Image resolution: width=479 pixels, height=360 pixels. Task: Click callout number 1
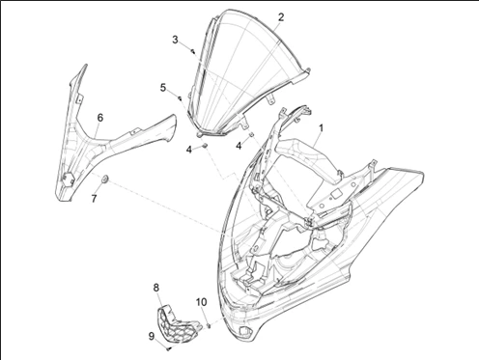(x=321, y=127)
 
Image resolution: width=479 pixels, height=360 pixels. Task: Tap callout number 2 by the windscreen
(x=281, y=17)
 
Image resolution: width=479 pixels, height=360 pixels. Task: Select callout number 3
(x=175, y=40)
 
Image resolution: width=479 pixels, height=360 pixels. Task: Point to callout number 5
(x=163, y=87)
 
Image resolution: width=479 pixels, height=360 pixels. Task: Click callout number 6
(x=100, y=118)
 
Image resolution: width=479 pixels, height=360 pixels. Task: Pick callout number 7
(x=94, y=199)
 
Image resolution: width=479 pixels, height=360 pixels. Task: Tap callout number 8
(x=156, y=288)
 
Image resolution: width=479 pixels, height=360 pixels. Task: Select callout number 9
(x=152, y=336)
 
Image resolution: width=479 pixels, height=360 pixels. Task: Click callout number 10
(x=201, y=302)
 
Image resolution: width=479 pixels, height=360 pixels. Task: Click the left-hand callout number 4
(x=189, y=150)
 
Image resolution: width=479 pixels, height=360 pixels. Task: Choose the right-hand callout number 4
(x=239, y=146)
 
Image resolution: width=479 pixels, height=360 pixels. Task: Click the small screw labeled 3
(x=192, y=50)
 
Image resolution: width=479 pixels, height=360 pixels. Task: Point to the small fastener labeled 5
(x=180, y=97)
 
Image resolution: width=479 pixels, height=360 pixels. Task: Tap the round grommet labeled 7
(x=105, y=179)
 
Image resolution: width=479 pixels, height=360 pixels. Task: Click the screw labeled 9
(x=169, y=348)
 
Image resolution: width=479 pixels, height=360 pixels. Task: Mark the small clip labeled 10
(x=209, y=325)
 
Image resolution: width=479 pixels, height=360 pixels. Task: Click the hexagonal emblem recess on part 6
(x=69, y=180)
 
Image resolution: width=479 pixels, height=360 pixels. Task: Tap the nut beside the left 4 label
(x=204, y=146)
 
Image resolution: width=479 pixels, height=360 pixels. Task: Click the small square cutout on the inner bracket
(x=336, y=194)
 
